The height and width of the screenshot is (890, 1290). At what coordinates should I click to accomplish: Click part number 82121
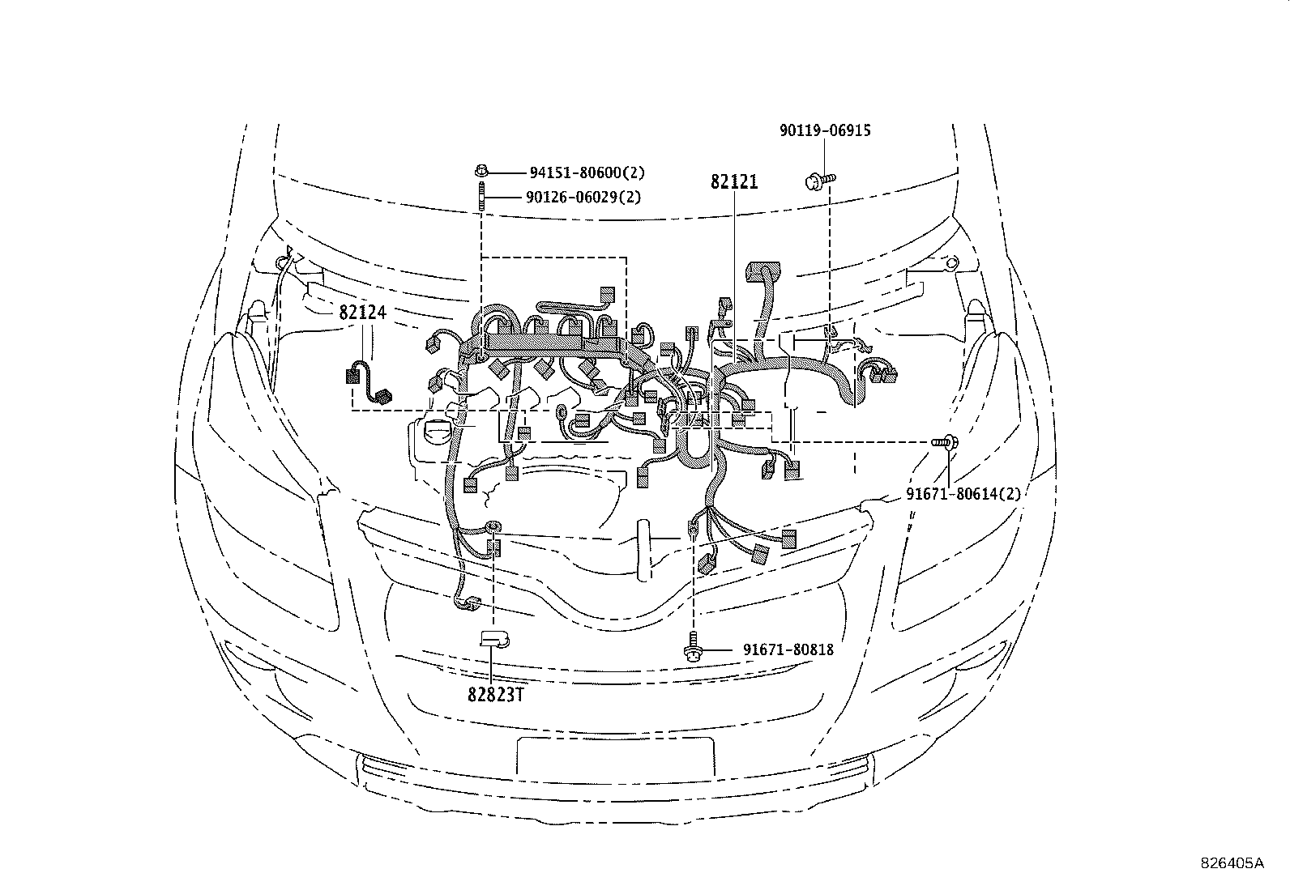point(734,182)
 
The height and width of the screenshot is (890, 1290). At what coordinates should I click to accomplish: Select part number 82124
point(361,313)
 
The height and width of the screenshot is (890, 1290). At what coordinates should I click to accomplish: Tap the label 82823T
point(491,694)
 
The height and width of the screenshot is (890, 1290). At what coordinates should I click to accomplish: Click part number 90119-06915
point(825,130)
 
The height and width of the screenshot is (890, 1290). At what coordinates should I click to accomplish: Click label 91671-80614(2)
point(963,493)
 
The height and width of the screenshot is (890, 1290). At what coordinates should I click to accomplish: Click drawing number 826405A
point(1231,863)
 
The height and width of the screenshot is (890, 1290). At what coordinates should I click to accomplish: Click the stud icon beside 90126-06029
point(481,198)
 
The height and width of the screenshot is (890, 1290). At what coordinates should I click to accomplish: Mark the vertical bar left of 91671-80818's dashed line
point(643,551)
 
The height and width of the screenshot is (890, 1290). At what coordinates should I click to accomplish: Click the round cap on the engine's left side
point(438,432)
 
